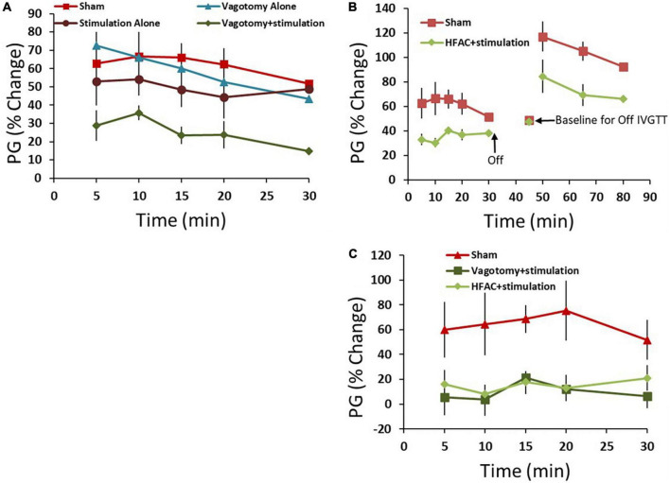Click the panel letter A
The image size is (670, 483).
[8, 8]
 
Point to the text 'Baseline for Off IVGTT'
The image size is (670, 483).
[608, 120]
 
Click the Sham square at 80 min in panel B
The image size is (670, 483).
[623, 67]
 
